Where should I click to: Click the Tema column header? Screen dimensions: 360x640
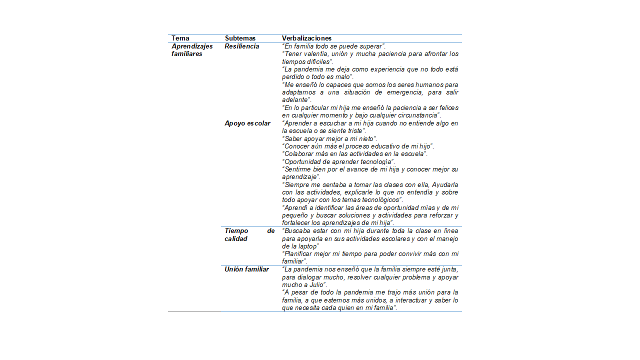click(180, 38)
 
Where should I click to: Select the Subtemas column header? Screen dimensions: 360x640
click(240, 38)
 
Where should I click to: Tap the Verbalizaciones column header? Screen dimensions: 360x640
click(306, 38)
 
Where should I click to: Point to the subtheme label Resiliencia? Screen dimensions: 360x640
click(242, 46)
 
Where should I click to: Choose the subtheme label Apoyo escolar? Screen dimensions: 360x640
click(247, 123)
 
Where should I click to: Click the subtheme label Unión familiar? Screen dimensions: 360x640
click(246, 269)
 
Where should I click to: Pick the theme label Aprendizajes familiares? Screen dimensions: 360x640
click(192, 50)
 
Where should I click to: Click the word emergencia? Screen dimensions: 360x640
click(403, 92)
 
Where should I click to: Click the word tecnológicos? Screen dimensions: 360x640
click(379, 200)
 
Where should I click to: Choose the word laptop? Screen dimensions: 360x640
click(307, 246)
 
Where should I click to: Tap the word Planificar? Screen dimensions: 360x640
click(299, 254)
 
